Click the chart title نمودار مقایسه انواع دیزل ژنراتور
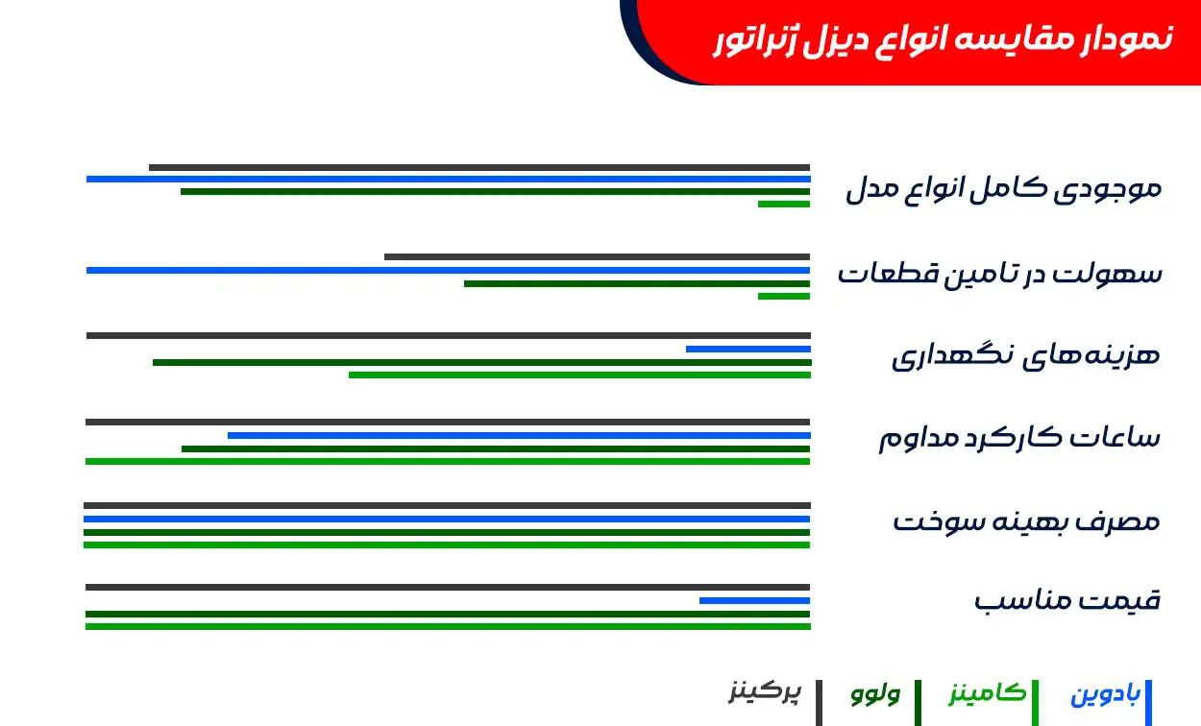pos(943,39)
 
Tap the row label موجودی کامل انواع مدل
pos(1003,188)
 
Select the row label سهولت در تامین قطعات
pos(999,274)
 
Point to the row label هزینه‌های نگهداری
pos(1025,355)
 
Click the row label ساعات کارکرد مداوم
pos(1019,439)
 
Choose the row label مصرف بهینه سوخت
pos(1026,522)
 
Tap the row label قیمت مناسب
pos(1066,602)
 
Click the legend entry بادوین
pos(1105,694)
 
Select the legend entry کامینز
pos(988,693)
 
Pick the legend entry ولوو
pos(875,693)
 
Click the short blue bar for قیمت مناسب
pos(754,600)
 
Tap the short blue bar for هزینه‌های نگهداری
pos(748,349)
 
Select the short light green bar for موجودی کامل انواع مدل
pos(783,204)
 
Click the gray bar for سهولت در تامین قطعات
pos(597,256)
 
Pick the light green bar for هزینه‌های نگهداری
pos(579,375)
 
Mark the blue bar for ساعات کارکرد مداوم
pos(519,435)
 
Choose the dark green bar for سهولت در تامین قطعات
pos(636,283)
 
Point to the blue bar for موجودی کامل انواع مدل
pos(448,179)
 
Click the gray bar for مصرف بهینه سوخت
pos(447,505)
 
